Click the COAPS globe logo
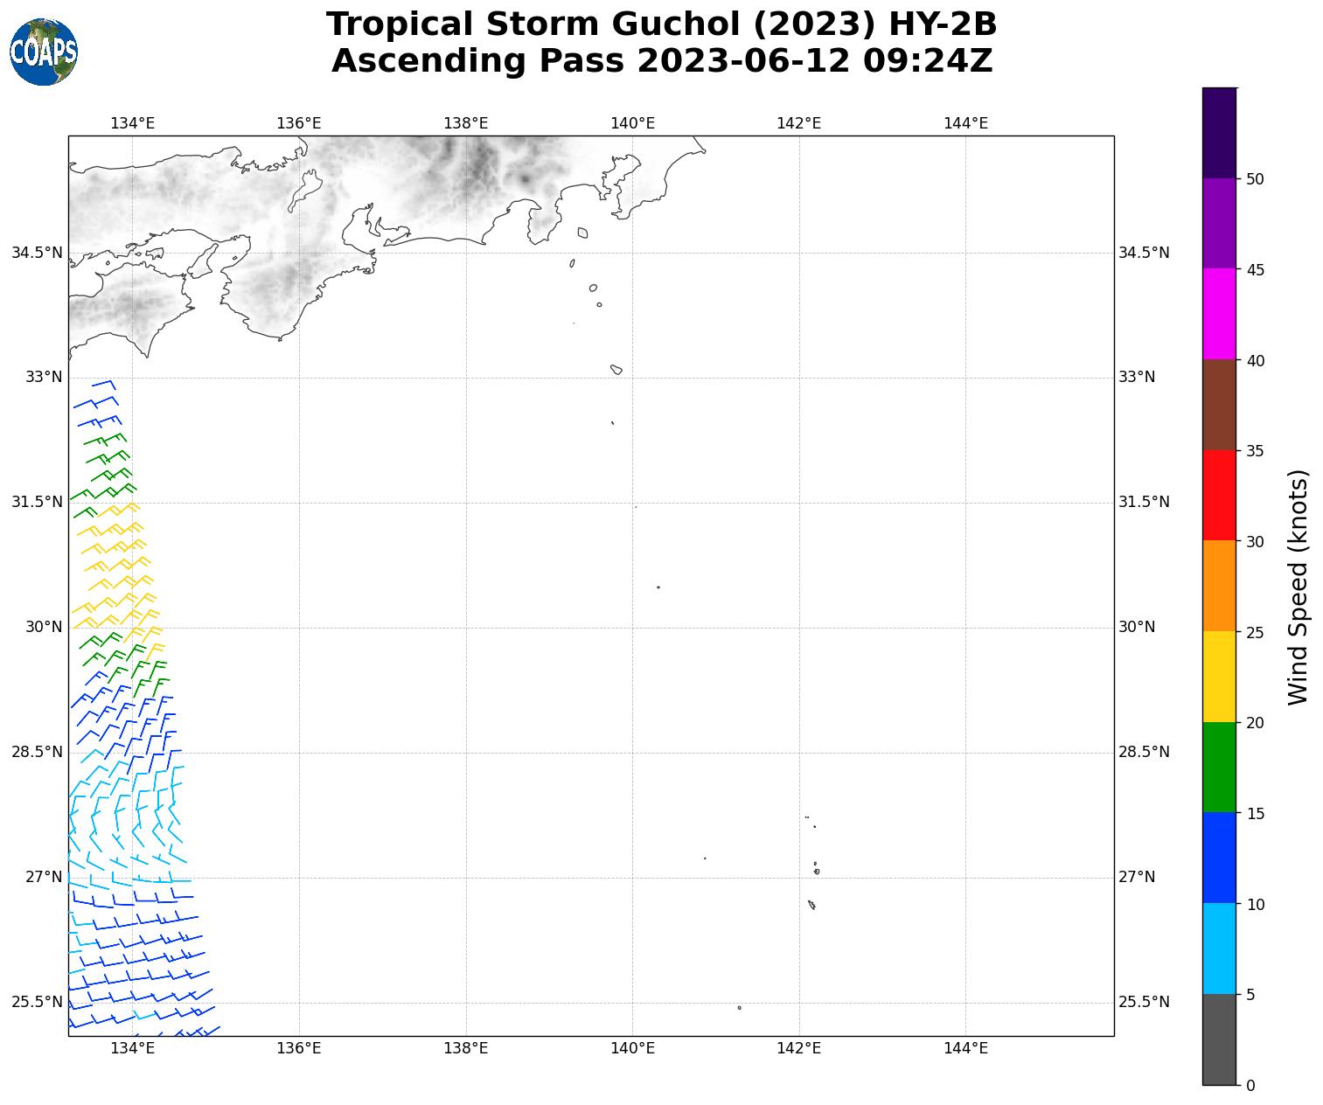[44, 52]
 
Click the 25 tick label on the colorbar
[1255, 632]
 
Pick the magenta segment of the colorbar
[1219, 314]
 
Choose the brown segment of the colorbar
[1219, 405]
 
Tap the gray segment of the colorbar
[1219, 1039]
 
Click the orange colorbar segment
[1219, 586]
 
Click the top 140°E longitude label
[632, 123]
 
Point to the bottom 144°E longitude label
[965, 1049]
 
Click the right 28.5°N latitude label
[1144, 752]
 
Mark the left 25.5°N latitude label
[37, 1002]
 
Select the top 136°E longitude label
[299, 123]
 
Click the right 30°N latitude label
[1137, 627]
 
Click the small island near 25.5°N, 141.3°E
[739, 1008]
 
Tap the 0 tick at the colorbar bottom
[1250, 1086]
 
